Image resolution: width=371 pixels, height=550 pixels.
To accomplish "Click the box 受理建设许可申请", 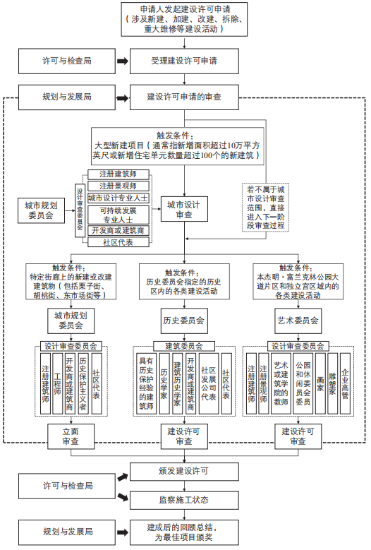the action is coord(184,61).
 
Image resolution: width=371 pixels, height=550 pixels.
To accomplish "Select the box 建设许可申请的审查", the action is coord(184,97).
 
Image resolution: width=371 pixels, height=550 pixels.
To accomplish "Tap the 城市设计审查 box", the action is coord(184,210).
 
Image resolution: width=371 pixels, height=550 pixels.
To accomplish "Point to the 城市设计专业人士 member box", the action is coord(118,198).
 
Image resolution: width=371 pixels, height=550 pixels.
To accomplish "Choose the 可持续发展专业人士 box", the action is coord(118,215).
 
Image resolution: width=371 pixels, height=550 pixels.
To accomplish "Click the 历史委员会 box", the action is coord(184,321).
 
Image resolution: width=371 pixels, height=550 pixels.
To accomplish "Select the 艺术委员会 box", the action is coord(298,321).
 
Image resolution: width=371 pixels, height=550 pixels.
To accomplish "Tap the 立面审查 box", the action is coord(71,436).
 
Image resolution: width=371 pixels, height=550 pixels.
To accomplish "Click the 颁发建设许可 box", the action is coord(184,471).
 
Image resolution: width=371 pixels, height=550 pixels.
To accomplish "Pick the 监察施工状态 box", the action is coord(184,500).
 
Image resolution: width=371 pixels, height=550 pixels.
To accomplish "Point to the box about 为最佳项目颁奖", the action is coord(184,532).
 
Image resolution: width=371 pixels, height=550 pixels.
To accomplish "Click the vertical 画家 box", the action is coord(320,383).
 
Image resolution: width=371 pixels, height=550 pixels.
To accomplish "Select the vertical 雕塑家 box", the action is coord(333,383).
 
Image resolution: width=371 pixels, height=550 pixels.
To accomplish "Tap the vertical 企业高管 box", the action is coord(345,383).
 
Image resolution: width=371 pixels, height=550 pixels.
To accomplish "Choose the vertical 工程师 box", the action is coord(57,383).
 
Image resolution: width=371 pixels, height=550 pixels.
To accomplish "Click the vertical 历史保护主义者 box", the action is coord(83,383).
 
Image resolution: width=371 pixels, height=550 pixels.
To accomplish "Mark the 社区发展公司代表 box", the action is coord(209,383).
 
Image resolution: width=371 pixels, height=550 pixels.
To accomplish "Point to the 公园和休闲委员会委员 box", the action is coord(303,383).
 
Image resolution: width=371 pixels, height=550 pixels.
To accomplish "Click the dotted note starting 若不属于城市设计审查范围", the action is coord(265,208).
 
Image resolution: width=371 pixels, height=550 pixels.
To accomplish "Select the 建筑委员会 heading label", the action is coord(184,346).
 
